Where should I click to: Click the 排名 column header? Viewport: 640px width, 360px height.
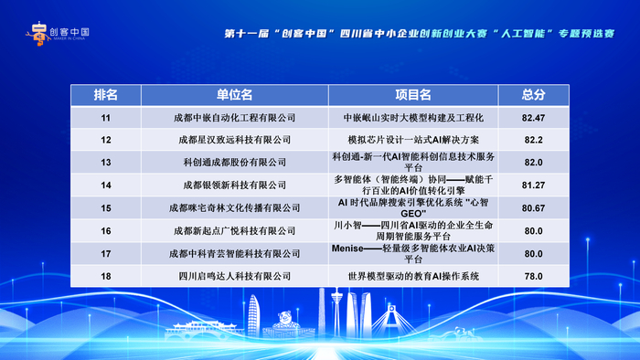pyautogui.click(x=106, y=95)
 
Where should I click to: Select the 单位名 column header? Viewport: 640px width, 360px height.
pyautogui.click(x=234, y=95)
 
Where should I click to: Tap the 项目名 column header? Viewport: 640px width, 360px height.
pyautogui.click(x=413, y=95)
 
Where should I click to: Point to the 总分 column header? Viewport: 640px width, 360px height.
pyautogui.click(x=533, y=95)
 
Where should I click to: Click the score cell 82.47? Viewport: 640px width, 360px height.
pyautogui.click(x=533, y=118)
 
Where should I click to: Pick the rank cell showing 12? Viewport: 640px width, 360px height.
pyautogui.click(x=106, y=140)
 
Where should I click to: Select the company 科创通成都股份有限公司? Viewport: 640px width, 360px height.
pyautogui.click(x=234, y=163)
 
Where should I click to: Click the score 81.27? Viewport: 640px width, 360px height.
pyautogui.click(x=533, y=185)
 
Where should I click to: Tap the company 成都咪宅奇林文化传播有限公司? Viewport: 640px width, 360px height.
pyautogui.click(x=234, y=208)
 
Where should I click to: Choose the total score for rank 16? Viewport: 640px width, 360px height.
pyautogui.click(x=533, y=231)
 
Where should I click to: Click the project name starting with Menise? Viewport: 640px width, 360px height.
pyautogui.click(x=413, y=254)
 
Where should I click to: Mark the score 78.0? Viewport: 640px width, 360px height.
pyautogui.click(x=533, y=276)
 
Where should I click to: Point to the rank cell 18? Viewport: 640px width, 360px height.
pyautogui.click(x=106, y=276)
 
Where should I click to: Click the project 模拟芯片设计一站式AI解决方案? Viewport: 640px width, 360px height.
pyautogui.click(x=413, y=140)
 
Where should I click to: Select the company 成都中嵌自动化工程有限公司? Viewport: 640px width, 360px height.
pyautogui.click(x=234, y=118)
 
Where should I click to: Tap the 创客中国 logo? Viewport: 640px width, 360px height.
pyautogui.click(x=58, y=33)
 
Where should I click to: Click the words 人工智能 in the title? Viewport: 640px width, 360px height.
pyautogui.click(x=522, y=34)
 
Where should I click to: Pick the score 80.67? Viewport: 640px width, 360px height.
pyautogui.click(x=533, y=208)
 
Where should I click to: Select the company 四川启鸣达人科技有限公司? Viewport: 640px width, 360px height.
pyautogui.click(x=234, y=276)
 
